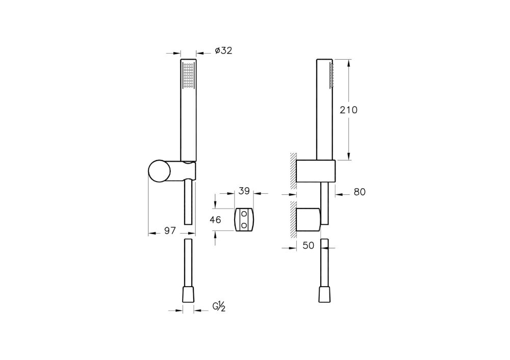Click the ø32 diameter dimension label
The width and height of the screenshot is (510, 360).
[x=224, y=50]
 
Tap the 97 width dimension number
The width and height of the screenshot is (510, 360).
[x=170, y=230]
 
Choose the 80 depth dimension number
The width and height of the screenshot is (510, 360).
[x=360, y=192]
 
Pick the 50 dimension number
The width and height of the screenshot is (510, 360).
[x=308, y=245]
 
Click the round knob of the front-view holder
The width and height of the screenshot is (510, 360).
[x=160, y=170]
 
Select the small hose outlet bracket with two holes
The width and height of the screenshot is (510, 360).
[x=244, y=220]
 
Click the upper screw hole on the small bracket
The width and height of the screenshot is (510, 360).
[x=244, y=214]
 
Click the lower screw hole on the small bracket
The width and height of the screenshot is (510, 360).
[x=244, y=224]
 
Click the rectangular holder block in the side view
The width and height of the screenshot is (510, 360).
[x=316, y=171]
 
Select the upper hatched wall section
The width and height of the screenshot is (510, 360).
[x=293, y=168]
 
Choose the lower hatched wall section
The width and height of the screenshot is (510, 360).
[x=293, y=220]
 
